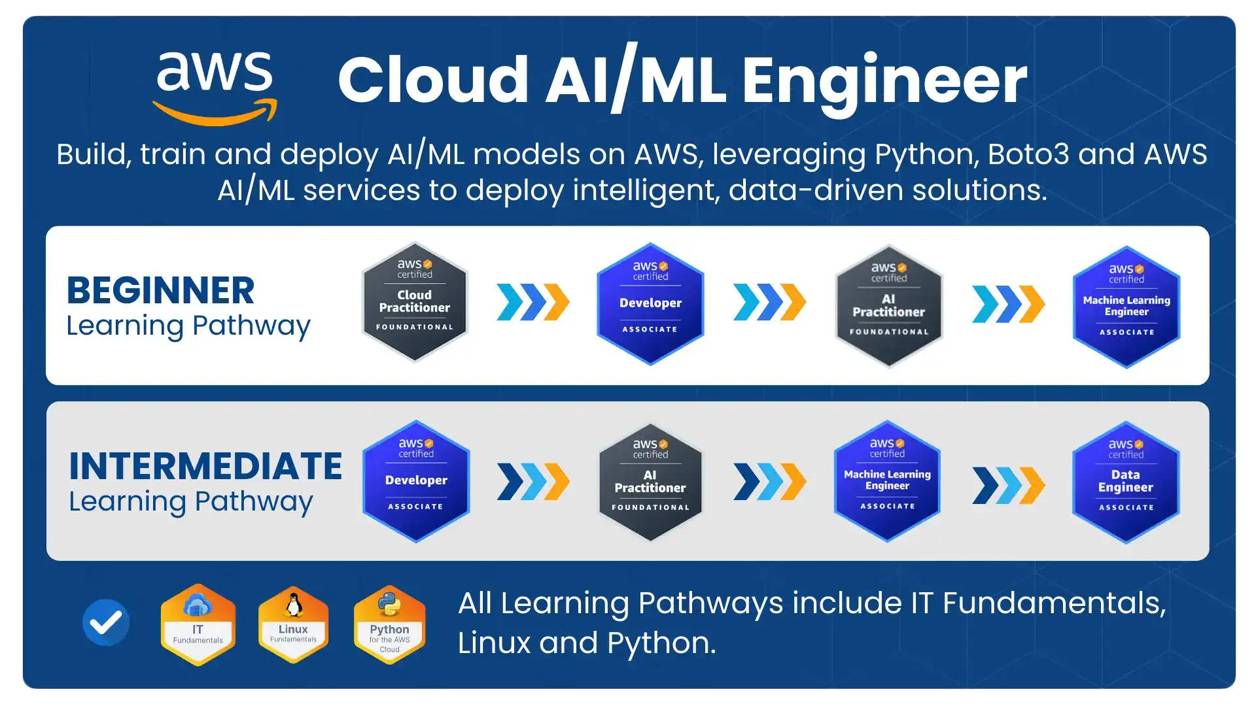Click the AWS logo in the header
pos(215,88)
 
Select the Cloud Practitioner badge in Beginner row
pos(415,301)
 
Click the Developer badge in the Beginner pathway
pos(650,303)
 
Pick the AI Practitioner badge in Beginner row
pos(888,306)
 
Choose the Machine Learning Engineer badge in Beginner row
pos(1126,307)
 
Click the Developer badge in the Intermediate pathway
pos(416,481)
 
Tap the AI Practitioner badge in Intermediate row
pos(650,482)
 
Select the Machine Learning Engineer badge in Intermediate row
pos(887,481)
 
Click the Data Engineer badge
pos(1126,482)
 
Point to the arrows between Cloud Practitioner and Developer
pos(533,302)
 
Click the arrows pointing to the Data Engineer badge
pos(1008,485)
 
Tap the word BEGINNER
pos(160,290)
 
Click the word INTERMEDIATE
pos(205,466)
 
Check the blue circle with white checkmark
pos(106,622)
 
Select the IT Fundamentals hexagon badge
pos(198,625)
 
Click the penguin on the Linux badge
pos(294,605)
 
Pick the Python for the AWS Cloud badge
pos(389,625)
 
